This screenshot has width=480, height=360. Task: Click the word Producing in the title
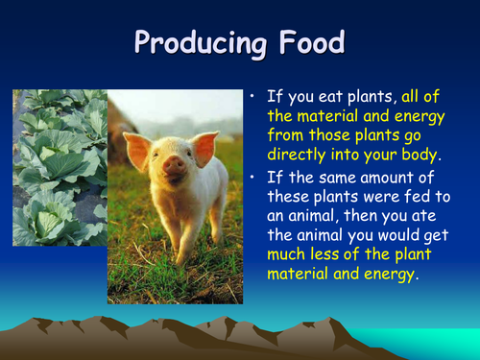coord(197,42)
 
